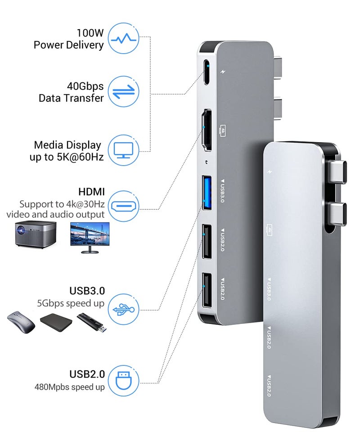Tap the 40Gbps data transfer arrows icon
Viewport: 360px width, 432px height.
[125, 91]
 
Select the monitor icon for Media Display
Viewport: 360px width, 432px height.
[125, 150]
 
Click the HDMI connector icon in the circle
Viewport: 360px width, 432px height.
[125, 206]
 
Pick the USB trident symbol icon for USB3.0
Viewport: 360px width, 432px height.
[125, 308]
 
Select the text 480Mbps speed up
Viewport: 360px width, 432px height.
[70, 387]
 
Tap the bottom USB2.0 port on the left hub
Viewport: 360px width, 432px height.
[207, 290]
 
